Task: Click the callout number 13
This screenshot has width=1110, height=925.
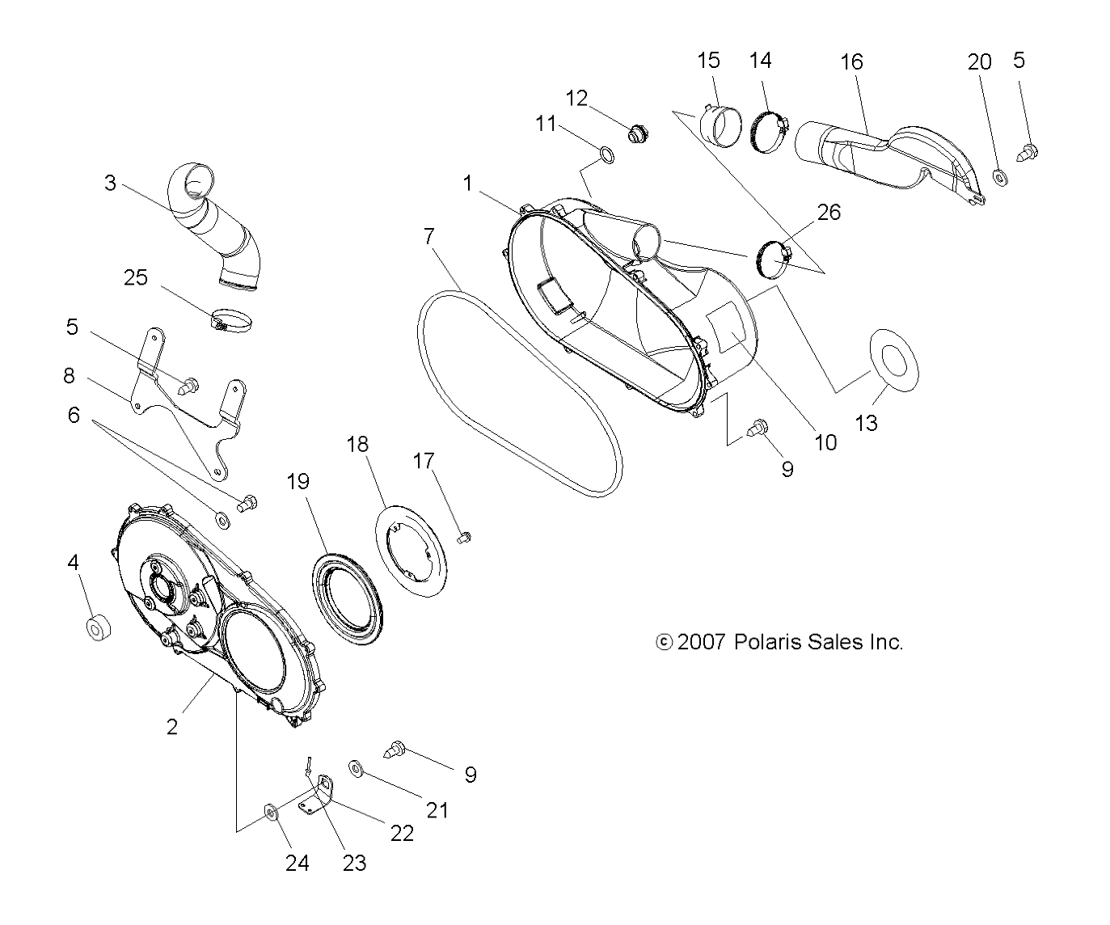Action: point(866,423)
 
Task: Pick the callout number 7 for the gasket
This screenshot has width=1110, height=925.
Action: point(428,236)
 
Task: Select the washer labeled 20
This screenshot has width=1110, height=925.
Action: point(999,175)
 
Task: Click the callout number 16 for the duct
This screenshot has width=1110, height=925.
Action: point(851,61)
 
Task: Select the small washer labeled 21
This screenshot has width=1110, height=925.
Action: point(355,767)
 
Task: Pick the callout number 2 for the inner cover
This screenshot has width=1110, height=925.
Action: point(171,726)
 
